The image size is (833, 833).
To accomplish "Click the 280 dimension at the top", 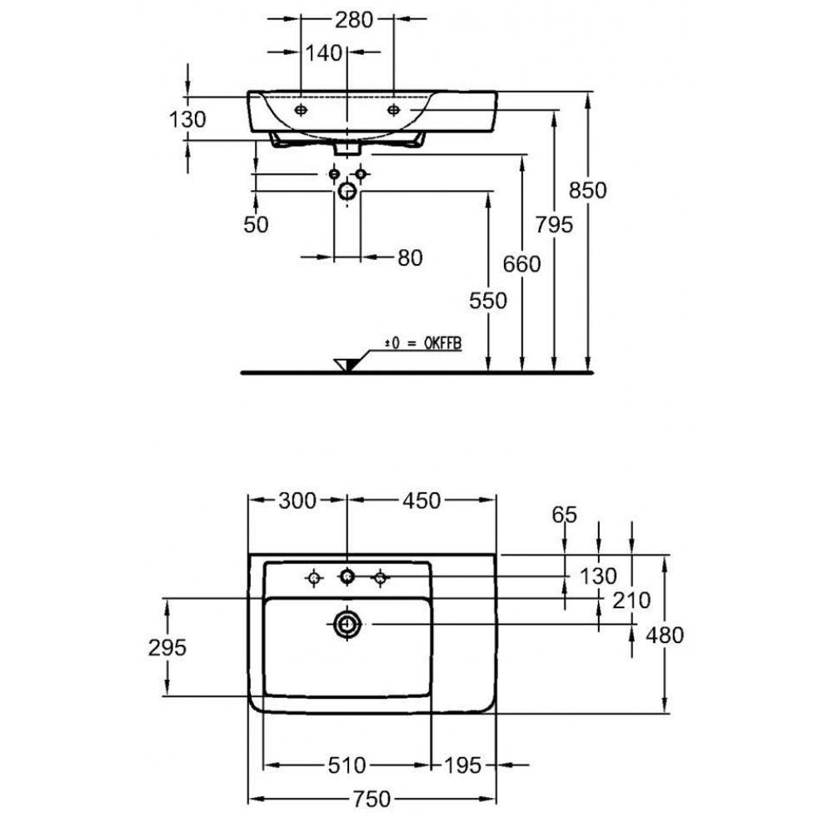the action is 354,20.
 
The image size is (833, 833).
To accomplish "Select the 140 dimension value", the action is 323,53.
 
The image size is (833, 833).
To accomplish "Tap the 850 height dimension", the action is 587,190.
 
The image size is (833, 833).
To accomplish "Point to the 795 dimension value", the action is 554,225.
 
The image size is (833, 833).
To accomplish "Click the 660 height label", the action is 521,264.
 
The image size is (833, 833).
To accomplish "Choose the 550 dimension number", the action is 487,301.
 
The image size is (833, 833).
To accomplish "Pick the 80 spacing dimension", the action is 410,257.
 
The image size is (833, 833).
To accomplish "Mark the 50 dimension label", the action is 256,225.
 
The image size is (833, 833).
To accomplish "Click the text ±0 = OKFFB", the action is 423,343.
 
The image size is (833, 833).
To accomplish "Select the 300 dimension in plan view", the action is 297,501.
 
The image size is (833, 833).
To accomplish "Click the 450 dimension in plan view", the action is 421,501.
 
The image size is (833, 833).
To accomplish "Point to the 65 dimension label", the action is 564,514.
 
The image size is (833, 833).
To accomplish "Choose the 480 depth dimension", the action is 665,635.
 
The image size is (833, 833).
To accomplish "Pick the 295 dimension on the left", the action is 167,647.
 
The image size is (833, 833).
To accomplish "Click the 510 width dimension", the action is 347,765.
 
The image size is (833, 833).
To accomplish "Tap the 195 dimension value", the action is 462,765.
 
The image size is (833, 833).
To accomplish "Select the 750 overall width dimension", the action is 372,799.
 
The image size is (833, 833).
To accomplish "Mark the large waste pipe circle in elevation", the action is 347,191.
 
